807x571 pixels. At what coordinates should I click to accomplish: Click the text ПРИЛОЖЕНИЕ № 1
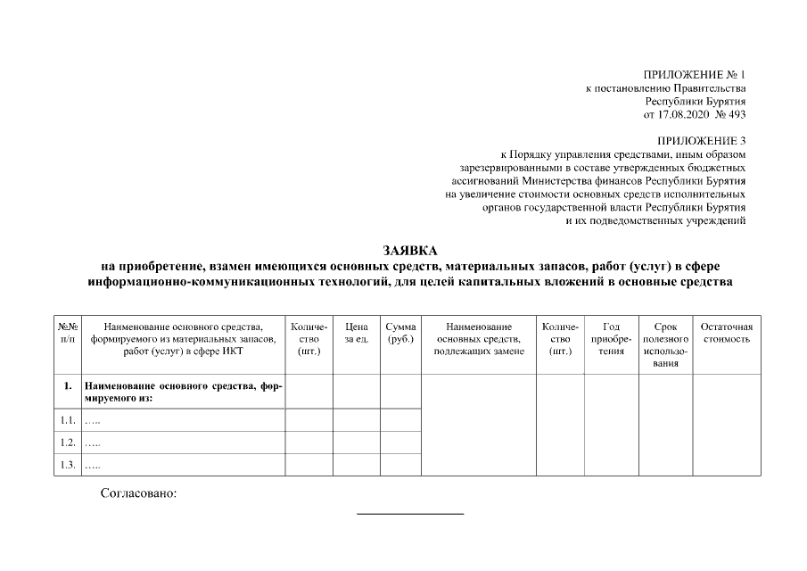[694, 74]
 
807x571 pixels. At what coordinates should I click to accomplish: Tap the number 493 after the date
[737, 114]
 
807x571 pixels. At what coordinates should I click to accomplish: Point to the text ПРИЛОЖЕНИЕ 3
[701, 141]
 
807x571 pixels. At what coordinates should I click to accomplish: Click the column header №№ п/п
[68, 333]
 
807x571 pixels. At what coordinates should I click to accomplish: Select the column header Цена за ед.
[357, 333]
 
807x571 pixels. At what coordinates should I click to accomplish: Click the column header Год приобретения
[612, 339]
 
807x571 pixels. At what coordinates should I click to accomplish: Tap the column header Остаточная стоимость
[727, 333]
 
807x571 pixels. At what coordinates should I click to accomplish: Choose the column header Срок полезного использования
[665, 345]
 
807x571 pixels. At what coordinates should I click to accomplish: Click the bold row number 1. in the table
[68, 386]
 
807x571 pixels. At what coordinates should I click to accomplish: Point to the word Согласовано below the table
[139, 493]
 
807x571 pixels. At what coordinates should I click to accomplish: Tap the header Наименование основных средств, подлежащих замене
[479, 339]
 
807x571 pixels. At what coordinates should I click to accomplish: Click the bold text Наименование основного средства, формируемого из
[183, 392]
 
